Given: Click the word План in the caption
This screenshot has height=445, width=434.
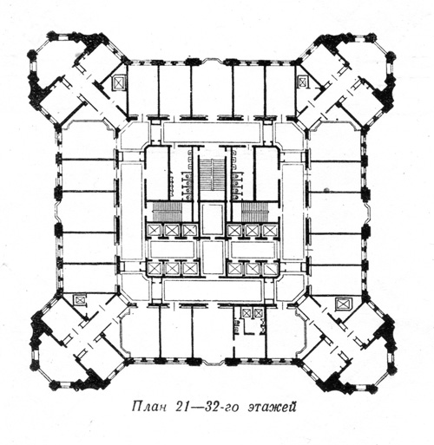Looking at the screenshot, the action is click(x=149, y=407).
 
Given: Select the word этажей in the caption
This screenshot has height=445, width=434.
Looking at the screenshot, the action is click(x=272, y=407).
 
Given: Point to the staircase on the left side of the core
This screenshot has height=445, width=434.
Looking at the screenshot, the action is click(x=167, y=212).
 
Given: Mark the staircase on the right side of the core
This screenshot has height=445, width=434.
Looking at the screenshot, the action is click(x=256, y=212).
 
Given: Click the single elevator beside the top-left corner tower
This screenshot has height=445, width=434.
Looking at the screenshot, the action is click(x=119, y=83).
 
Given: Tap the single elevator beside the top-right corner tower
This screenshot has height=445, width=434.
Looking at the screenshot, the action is click(x=303, y=82).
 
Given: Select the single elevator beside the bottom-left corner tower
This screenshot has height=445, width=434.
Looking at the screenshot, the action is click(x=79, y=299).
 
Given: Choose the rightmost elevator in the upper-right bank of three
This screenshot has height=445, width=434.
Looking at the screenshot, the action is click(x=270, y=231).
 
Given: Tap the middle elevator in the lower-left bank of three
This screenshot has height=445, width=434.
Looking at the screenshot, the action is click(x=171, y=269).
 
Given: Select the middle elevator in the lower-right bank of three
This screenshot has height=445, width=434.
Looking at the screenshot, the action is click(x=253, y=269).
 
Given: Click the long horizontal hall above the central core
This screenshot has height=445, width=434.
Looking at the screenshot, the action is click(x=212, y=132).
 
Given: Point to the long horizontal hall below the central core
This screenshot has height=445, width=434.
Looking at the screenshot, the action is click(x=213, y=290).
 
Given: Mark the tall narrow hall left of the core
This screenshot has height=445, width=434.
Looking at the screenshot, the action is click(x=132, y=212).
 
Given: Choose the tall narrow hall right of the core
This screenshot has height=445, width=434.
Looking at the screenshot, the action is click(x=293, y=212).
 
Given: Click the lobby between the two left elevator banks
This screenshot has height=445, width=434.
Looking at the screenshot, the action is click(x=173, y=249).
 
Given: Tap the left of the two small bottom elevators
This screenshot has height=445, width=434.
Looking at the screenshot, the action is click(x=247, y=313).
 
